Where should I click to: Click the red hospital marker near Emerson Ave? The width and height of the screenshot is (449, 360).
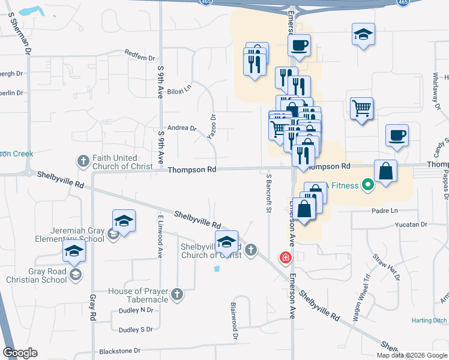click(x=286, y=258)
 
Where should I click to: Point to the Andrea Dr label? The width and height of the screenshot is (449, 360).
click(x=182, y=128)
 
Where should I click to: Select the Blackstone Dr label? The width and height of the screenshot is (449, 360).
click(x=119, y=350)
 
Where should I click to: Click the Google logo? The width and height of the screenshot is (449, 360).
click(x=20, y=353)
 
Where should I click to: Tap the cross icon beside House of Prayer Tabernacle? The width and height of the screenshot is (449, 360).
click(x=176, y=294)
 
